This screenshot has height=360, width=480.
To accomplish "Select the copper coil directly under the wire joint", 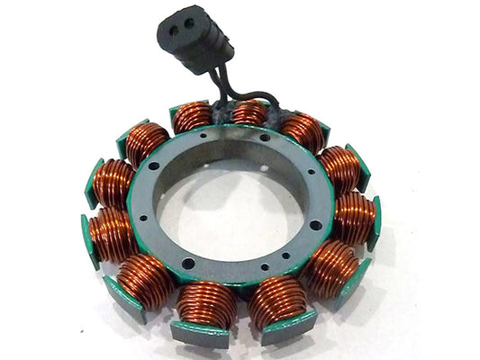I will click(249, 114).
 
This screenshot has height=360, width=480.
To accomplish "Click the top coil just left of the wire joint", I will click(192, 117).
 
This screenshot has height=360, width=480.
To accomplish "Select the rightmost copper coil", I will click(354, 218).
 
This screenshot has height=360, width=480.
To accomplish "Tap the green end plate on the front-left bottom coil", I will click(199, 333).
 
